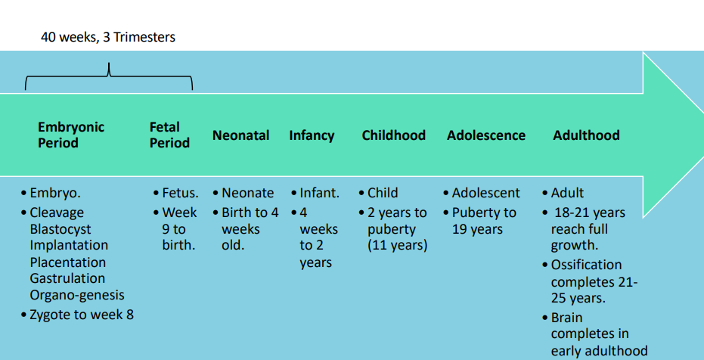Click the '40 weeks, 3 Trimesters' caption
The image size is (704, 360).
click(107, 37)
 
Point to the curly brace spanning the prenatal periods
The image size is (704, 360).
click(109, 76)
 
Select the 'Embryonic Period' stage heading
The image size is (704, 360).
click(71, 135)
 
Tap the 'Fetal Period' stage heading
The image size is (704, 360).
click(169, 135)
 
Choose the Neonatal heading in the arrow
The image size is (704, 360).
click(240, 135)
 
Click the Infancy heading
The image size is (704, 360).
click(312, 135)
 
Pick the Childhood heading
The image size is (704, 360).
click(394, 135)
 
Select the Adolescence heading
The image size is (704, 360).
click(485, 135)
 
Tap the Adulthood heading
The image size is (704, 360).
click(586, 135)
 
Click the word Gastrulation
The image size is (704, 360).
click(67, 278)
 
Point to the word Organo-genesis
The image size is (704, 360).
click(77, 296)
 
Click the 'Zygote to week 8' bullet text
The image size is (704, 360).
click(82, 315)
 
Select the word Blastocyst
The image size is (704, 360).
click(60, 229)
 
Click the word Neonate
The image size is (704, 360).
click(247, 193)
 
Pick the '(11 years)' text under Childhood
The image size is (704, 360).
click(397, 246)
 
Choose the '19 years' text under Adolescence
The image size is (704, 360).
click(477, 229)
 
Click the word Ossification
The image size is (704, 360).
click(586, 265)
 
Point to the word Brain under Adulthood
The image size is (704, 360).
click(566, 318)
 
